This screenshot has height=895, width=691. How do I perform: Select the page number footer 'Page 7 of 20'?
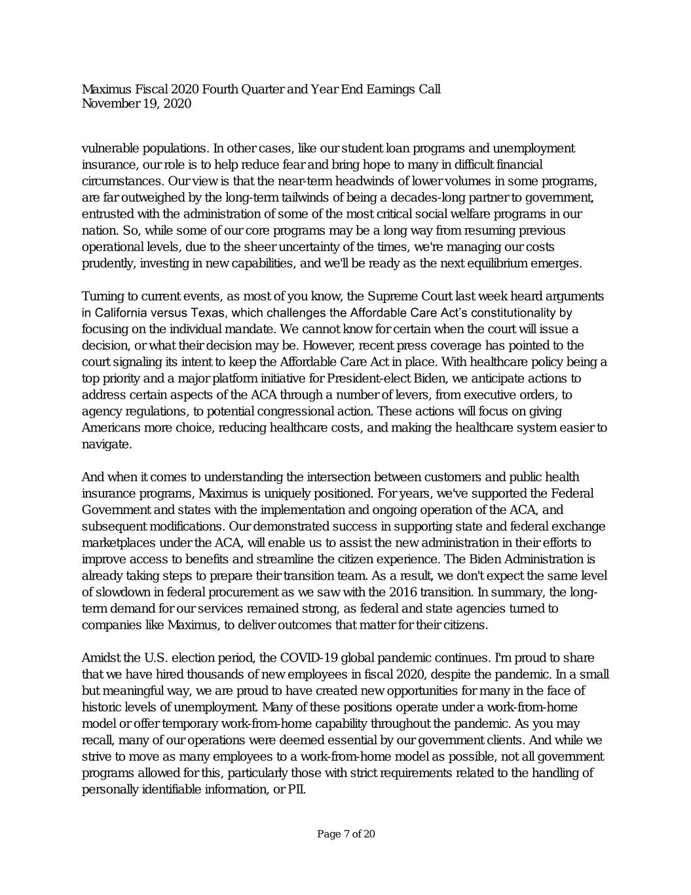(x=346, y=834)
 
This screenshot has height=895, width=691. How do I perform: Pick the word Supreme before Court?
(x=393, y=296)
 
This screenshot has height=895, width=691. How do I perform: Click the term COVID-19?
(x=309, y=658)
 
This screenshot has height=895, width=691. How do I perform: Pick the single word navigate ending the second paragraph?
(x=106, y=444)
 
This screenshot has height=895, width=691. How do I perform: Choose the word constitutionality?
(x=513, y=313)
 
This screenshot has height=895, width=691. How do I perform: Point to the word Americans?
(x=110, y=428)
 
